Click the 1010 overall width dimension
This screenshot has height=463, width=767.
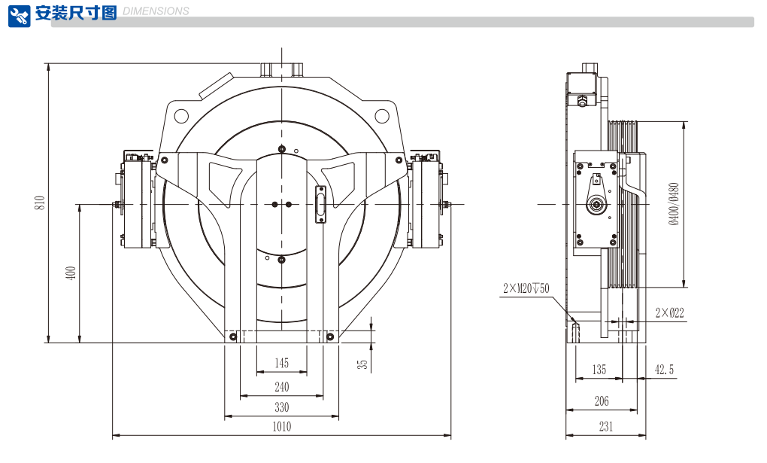[281, 427]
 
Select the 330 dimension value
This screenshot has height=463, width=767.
[281, 407]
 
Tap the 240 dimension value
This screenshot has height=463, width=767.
[281, 387]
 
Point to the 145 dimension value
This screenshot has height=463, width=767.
[281, 364]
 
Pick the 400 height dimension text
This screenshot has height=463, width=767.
[71, 273]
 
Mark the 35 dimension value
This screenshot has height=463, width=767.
[363, 364]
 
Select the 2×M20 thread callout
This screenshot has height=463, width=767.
[526, 288]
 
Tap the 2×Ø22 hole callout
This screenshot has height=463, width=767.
[669, 312]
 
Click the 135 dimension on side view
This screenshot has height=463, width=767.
[599, 370]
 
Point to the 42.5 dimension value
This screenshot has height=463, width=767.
[664, 370]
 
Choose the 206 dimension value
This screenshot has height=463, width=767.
[602, 401]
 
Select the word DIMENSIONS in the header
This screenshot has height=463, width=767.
[156, 11]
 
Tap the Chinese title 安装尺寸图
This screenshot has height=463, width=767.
[76, 13]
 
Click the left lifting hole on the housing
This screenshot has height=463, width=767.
[180, 116]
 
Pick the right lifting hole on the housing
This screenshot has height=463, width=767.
[382, 116]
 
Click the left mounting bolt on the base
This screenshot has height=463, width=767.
[233, 336]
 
